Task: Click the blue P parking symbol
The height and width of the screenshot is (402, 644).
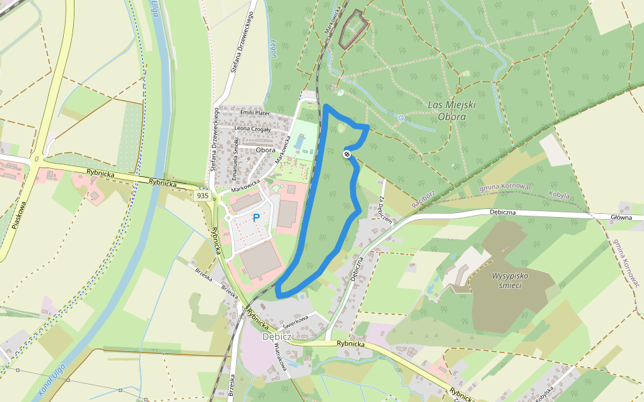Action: pyautogui.click(x=256, y=218)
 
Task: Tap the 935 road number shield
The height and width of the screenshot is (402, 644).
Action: pyautogui.click(x=203, y=195)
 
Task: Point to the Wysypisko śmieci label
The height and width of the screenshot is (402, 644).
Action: pyautogui.click(x=506, y=280)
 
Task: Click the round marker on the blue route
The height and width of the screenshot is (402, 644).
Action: pyautogui.click(x=347, y=154)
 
